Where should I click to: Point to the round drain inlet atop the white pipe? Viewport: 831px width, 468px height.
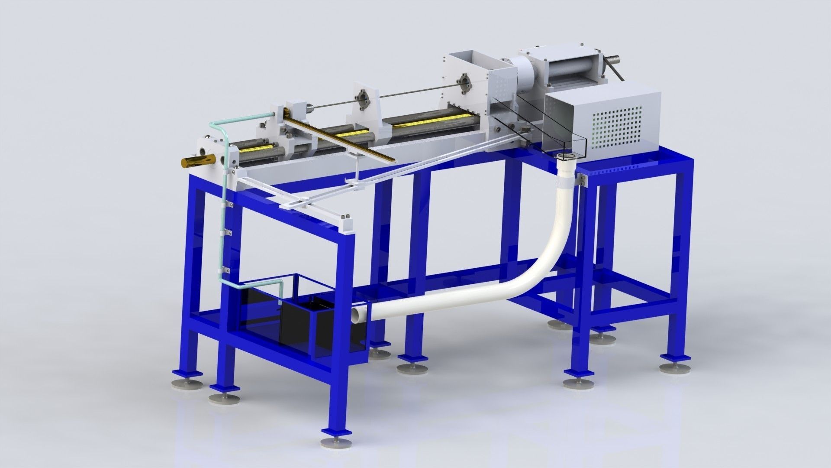tap(567, 156)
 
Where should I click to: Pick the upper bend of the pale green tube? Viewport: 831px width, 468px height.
tap(215, 126)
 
